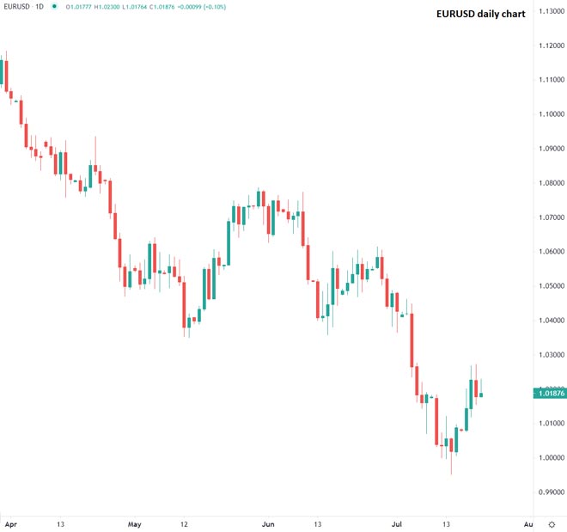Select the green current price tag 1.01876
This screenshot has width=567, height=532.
(548, 394)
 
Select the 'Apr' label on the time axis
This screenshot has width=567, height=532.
(10, 523)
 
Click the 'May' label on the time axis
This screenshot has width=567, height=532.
(134, 523)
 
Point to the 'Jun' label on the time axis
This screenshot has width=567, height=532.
(268, 523)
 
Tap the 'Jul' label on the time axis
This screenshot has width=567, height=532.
(397, 523)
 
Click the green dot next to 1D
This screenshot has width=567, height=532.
(56, 7)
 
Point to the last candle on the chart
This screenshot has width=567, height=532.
(482, 394)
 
